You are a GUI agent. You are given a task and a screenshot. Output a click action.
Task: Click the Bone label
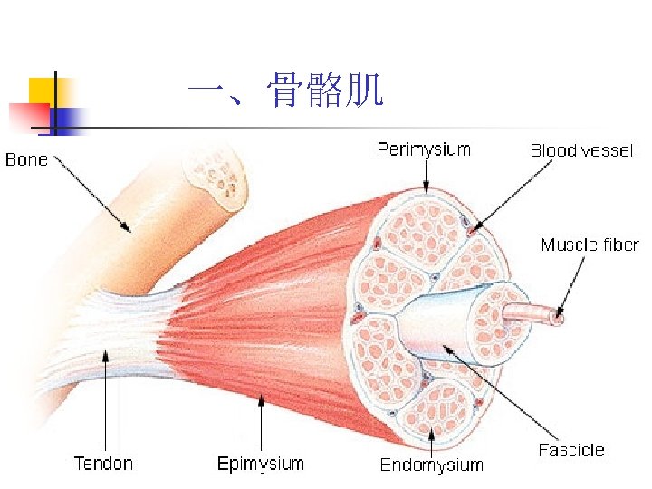26,160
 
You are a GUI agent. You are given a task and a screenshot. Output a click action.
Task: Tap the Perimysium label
424,149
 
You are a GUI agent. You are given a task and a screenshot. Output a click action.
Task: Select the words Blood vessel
580,150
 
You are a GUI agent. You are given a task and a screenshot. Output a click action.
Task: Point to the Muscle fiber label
590,244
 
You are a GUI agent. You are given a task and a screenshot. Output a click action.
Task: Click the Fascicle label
571,450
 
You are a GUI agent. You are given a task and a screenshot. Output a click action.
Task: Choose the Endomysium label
431,465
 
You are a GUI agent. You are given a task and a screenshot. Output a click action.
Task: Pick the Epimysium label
261,464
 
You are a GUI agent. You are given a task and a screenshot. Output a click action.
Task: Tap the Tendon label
103,464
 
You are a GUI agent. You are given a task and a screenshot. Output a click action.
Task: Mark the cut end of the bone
216,178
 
